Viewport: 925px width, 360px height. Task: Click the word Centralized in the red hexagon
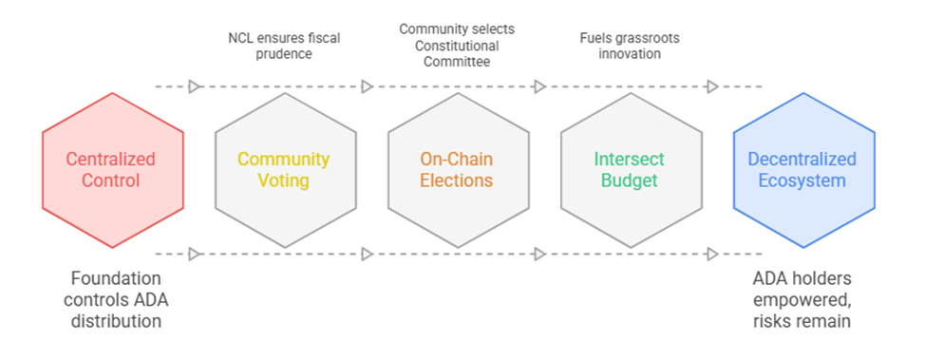coord(111,160)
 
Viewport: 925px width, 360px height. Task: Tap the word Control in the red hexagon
coord(111,180)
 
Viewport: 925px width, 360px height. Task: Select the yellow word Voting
coord(284,180)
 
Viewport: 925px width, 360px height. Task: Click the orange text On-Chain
coord(456,160)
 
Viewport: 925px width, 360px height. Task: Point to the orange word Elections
coord(456,180)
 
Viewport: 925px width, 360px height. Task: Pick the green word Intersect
coord(629,160)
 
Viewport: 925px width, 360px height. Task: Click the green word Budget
coord(629,180)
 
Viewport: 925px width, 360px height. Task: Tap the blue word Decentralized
coord(802,160)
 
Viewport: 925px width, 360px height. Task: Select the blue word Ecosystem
coord(802,180)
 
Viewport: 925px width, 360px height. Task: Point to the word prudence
coord(284,54)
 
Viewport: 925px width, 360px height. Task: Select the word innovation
coord(629,54)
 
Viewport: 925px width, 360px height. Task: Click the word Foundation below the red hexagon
coord(116,278)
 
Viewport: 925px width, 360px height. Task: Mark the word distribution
coord(116,321)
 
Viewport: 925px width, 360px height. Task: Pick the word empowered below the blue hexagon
coord(802,300)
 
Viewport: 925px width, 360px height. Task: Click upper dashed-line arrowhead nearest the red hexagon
coord(195,86)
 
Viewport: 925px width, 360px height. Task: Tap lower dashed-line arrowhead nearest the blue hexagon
coord(712,255)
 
